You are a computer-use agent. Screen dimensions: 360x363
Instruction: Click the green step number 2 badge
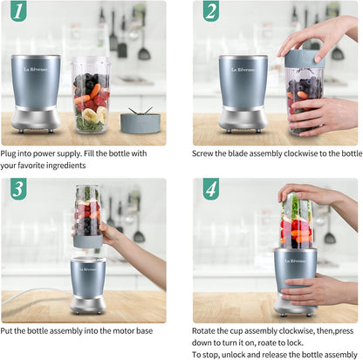[210, 12]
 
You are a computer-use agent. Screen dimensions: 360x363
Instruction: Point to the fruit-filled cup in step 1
[91, 94]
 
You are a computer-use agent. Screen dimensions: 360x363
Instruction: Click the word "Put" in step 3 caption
[11, 331]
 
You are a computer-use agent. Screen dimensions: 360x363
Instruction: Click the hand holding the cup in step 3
[112, 234]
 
